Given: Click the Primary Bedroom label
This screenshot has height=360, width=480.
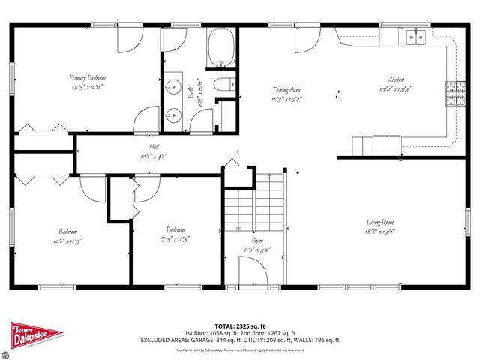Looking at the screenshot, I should click(88, 77).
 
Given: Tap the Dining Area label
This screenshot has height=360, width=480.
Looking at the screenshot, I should click(286, 88).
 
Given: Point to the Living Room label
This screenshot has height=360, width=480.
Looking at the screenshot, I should click(380, 222).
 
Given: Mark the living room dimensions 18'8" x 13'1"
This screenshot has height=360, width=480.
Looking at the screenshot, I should click(380, 232).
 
